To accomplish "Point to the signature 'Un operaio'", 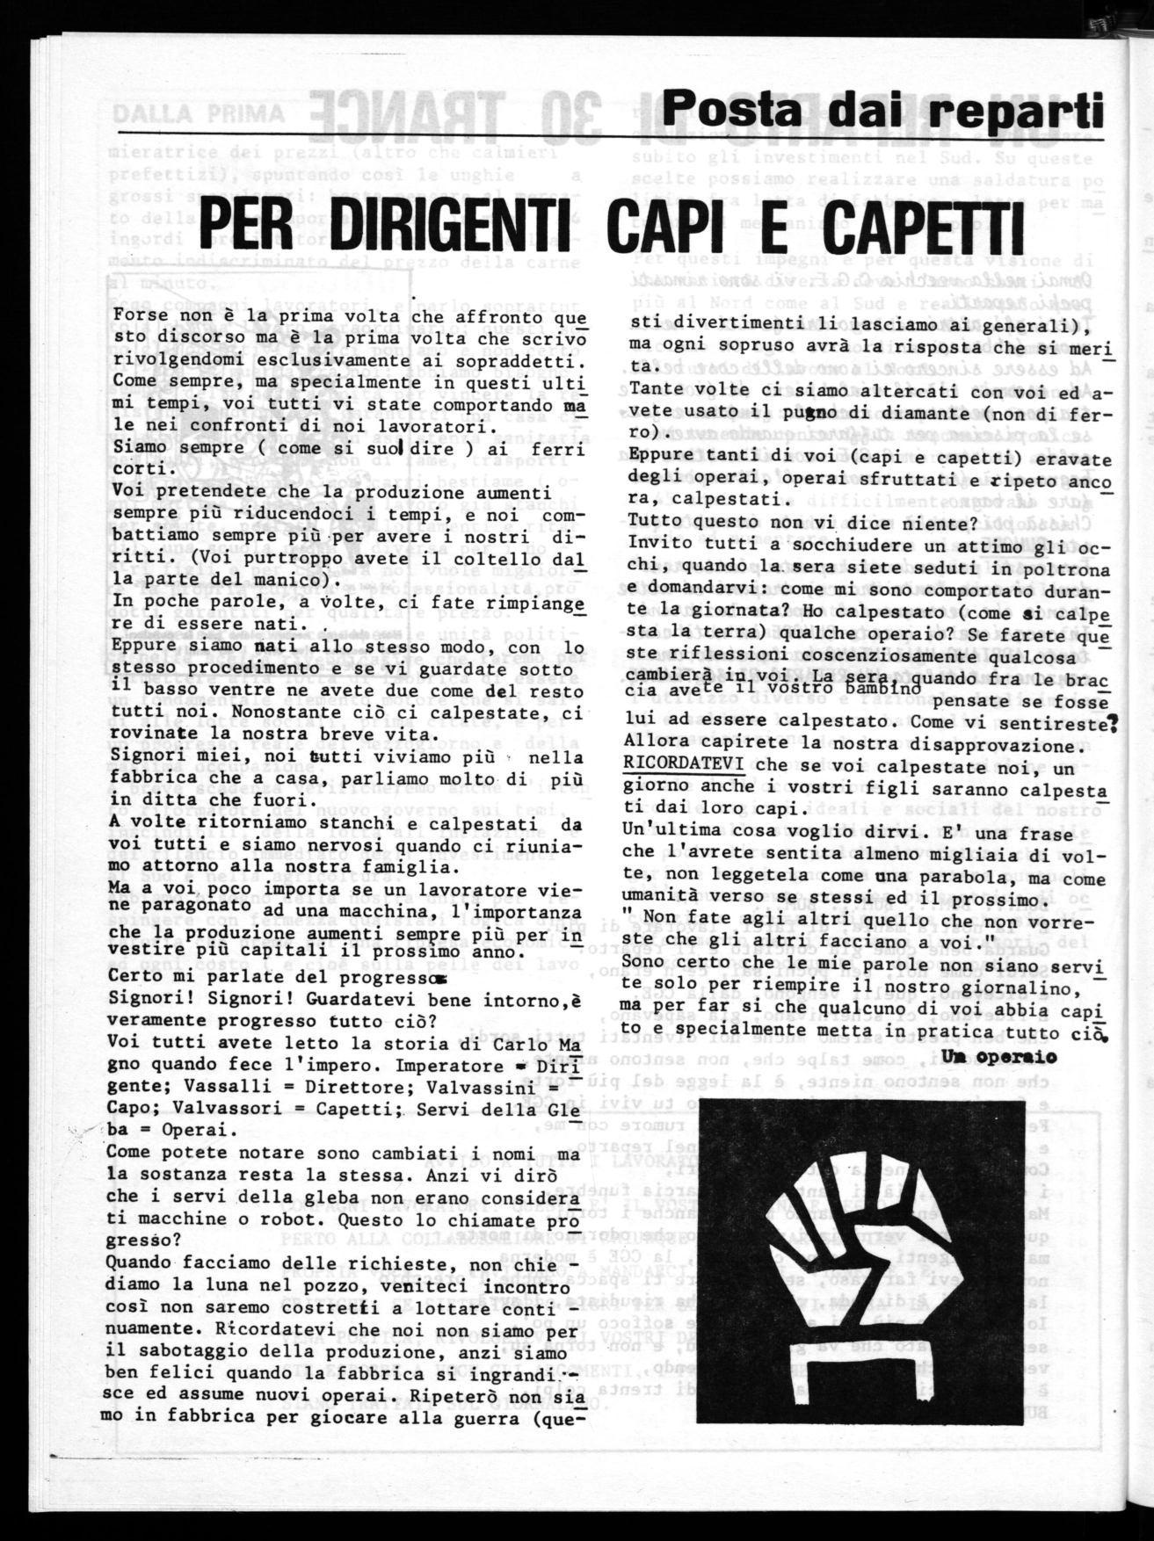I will pyautogui.click(x=998, y=1056).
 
